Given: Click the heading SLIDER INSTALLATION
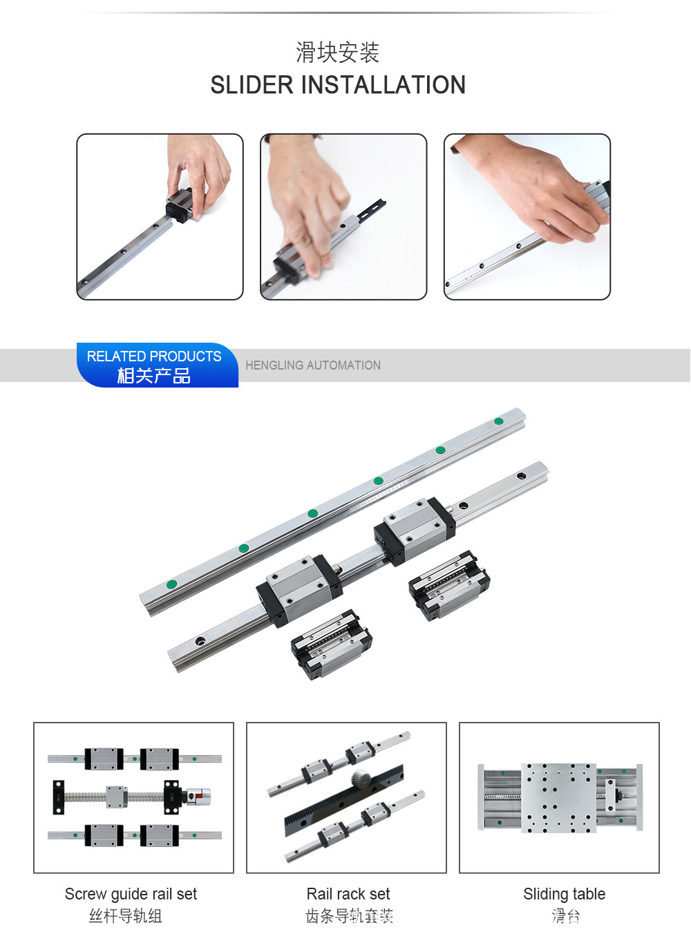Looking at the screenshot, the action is pyautogui.click(x=338, y=84).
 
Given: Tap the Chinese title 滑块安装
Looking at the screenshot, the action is pyautogui.click(x=337, y=53).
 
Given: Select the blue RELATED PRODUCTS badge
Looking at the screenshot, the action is pyautogui.click(x=158, y=365).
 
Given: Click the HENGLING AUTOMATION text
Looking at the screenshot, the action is pyautogui.click(x=313, y=365).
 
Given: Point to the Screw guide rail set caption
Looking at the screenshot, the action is pyautogui.click(x=131, y=893).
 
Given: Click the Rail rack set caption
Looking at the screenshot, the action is pyautogui.click(x=348, y=893).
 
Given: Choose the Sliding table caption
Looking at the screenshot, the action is pyautogui.click(x=565, y=893).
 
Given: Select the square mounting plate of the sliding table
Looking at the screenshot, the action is pyautogui.click(x=558, y=797).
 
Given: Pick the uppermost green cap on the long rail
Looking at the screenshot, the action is pyautogui.click(x=499, y=421).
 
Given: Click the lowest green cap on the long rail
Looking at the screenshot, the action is pyautogui.click(x=171, y=584).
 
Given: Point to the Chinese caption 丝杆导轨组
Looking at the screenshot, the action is pyautogui.click(x=126, y=915).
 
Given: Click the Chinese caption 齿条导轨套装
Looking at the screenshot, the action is pyautogui.click(x=349, y=915).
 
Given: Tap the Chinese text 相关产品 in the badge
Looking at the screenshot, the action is pyautogui.click(x=153, y=375).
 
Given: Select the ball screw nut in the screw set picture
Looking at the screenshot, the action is pyautogui.click(x=116, y=797).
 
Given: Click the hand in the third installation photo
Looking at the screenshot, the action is pyautogui.click(x=535, y=189).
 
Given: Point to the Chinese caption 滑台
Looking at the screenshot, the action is pyautogui.click(x=566, y=915).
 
